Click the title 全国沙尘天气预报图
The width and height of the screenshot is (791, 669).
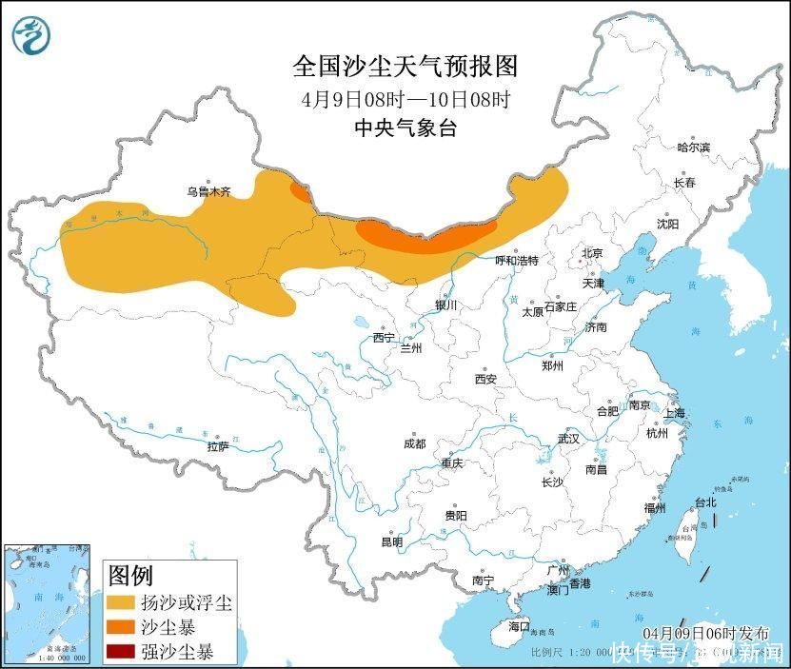tap(405, 66)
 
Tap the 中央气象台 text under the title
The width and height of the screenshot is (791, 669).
tap(405, 128)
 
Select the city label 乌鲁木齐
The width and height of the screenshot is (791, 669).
tap(208, 191)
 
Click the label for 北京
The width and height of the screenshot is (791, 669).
tap(592, 252)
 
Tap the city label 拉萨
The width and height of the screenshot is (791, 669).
tap(218, 445)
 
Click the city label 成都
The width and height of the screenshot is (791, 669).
tap(414, 443)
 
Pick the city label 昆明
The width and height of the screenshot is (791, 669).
tap(391, 541)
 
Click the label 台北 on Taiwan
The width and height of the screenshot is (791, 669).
tap(704, 502)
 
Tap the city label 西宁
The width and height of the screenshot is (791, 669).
tap(383, 337)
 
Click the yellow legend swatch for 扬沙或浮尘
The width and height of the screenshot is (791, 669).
tap(121, 603)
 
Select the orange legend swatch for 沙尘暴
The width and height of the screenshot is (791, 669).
tap(121, 628)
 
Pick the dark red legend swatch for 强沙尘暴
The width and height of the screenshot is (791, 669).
tap(121, 652)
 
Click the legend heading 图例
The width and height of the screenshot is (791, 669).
tap(130, 576)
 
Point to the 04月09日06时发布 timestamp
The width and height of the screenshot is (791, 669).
tap(700, 633)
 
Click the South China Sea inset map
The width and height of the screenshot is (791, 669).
tap(48, 603)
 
